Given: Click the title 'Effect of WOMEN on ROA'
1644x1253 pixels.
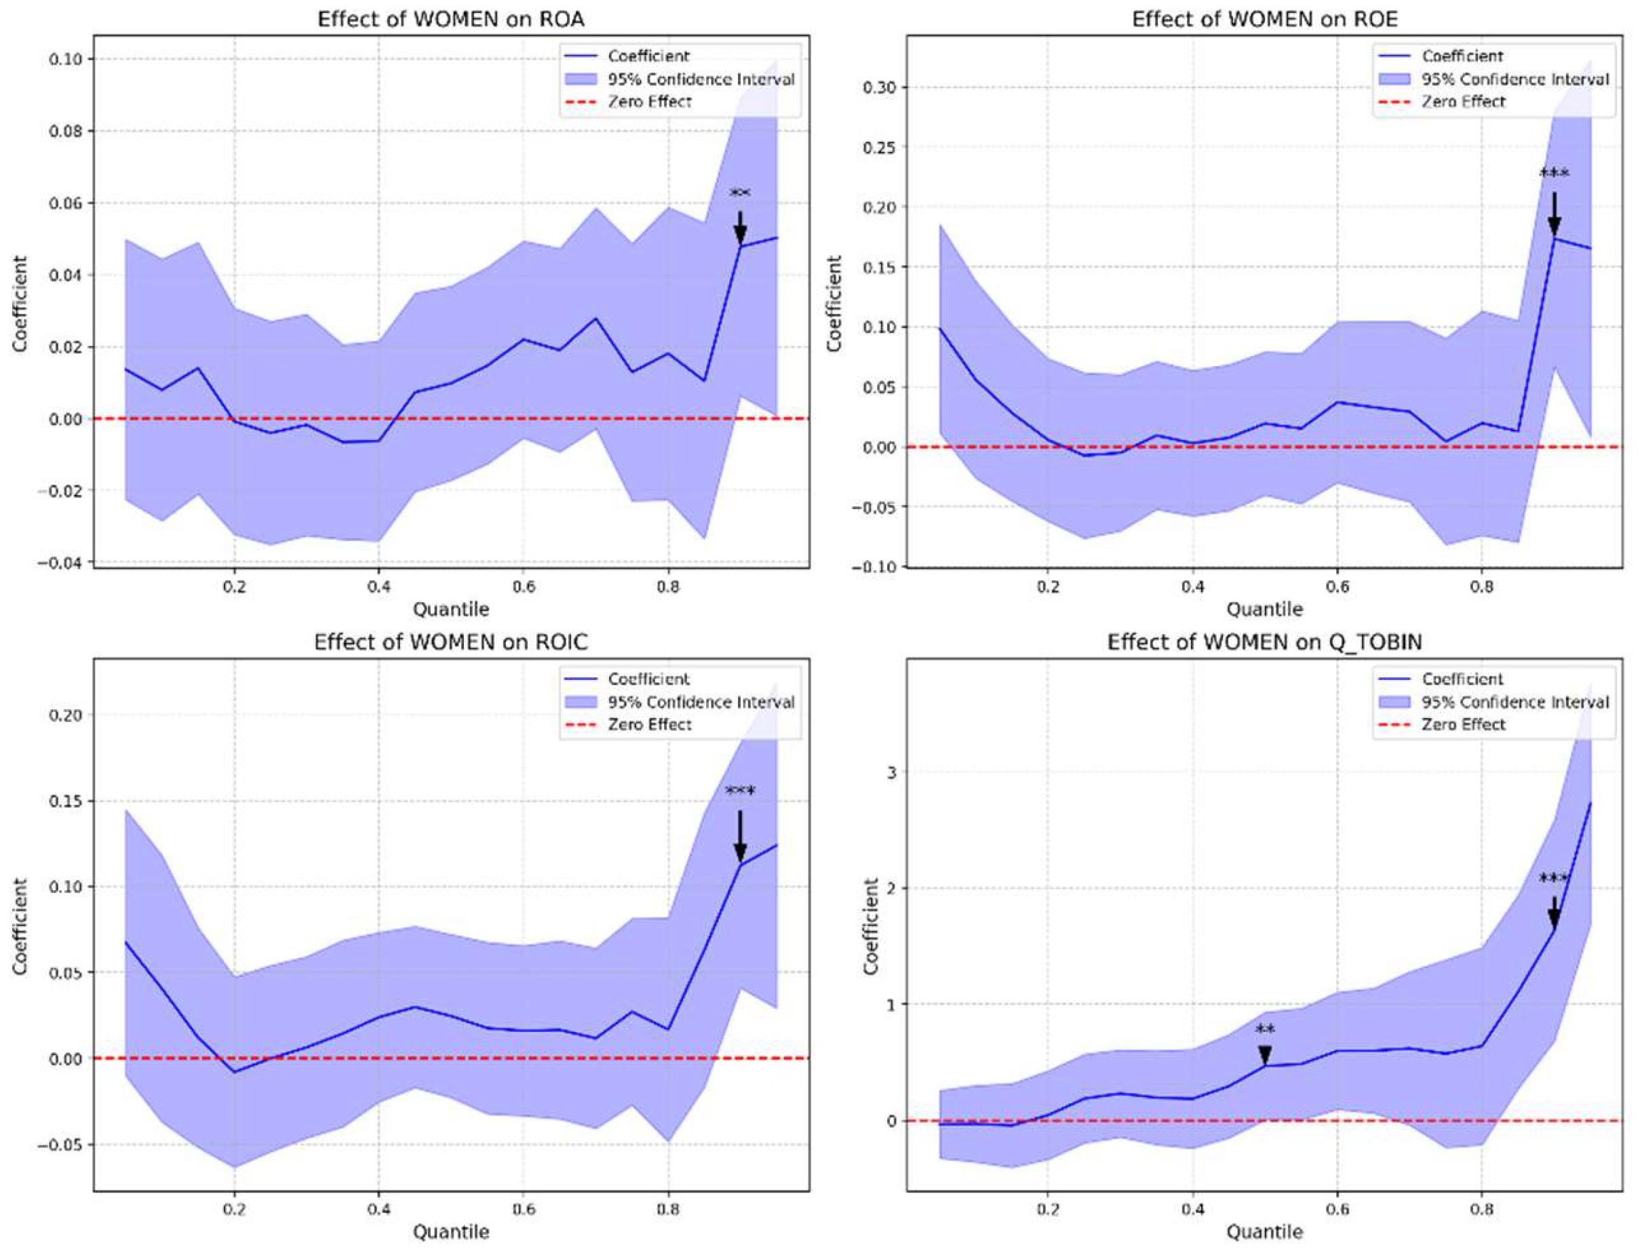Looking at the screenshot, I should tap(450, 19).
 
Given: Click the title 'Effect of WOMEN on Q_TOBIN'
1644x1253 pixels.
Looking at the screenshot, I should tap(1264, 642).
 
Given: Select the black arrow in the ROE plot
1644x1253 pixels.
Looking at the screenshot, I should tap(1554, 214).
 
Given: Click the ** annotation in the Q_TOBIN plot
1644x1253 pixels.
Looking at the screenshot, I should tap(1265, 1031).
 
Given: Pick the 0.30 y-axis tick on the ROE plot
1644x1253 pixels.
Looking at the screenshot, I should tap(880, 87).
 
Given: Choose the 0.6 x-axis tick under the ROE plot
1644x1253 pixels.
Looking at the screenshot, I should tap(1337, 586).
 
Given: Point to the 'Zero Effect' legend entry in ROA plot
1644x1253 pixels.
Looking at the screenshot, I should tap(649, 102).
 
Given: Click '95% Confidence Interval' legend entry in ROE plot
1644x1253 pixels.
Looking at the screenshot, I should tap(1515, 79).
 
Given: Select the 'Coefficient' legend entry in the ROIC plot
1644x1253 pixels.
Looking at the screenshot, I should tap(648, 679).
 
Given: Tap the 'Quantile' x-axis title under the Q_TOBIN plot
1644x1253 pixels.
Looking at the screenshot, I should tap(1264, 1231).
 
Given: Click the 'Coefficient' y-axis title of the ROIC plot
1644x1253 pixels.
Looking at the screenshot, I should tap(20, 926).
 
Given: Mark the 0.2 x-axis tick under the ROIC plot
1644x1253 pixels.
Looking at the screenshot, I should tap(233, 1209).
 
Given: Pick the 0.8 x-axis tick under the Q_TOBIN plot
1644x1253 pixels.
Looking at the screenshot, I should tap(1482, 1209).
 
